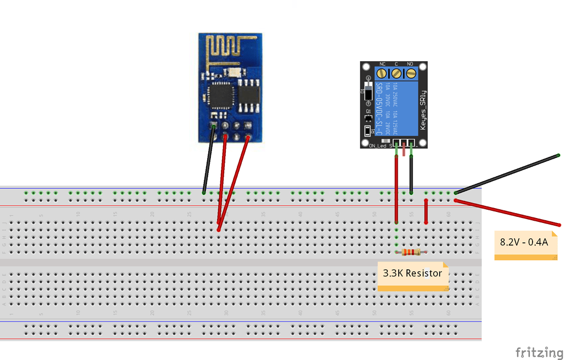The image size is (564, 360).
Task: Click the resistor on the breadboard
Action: pos(411,252)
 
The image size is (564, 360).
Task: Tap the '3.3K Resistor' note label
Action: pos(413,273)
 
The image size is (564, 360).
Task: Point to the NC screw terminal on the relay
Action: pos(382,73)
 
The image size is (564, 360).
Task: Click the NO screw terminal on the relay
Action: pos(410,73)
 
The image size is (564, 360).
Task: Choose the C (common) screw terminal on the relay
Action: pos(396,73)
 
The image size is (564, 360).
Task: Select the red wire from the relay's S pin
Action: pos(396,187)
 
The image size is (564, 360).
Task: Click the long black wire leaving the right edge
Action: pos(507,174)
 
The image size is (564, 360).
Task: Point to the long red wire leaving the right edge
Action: pos(507,213)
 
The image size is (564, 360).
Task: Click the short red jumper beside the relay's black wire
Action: pos(426,211)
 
